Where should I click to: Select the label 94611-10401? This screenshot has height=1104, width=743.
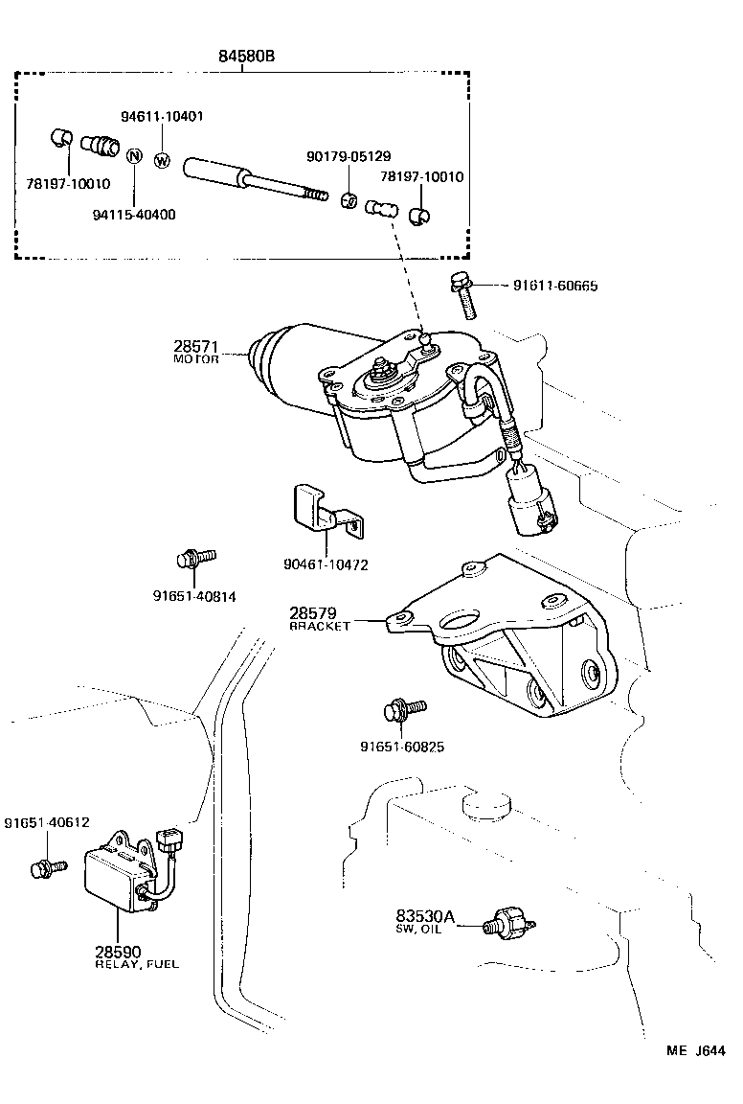(162, 116)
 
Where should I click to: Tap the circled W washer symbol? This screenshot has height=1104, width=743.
(161, 160)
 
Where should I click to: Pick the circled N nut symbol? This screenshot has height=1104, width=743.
(135, 156)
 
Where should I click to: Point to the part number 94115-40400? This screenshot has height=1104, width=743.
(135, 215)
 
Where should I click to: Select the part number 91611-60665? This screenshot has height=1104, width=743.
(555, 286)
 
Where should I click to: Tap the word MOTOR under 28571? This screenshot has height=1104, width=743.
(196, 359)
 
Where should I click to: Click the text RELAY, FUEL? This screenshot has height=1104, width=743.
(136, 964)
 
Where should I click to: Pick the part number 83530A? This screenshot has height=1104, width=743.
(426, 917)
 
